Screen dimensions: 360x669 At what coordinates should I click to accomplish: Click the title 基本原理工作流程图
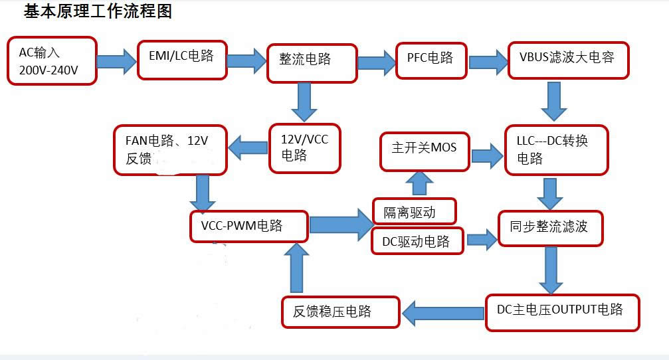[98, 11]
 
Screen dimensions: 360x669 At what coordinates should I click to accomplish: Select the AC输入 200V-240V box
[52, 60]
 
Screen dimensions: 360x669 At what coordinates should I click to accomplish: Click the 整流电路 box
[312, 63]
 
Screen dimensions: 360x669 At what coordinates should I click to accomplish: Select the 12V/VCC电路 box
[305, 147]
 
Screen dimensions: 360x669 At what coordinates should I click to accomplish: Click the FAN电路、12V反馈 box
[170, 149]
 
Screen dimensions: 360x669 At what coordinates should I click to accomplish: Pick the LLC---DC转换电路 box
[556, 149]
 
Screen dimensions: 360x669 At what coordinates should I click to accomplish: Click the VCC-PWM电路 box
[249, 226]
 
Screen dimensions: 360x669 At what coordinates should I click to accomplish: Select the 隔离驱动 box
[415, 212]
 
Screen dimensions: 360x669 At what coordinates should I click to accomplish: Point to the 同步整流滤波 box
[551, 228]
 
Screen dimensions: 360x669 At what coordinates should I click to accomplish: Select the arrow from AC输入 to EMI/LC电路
[116, 61]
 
